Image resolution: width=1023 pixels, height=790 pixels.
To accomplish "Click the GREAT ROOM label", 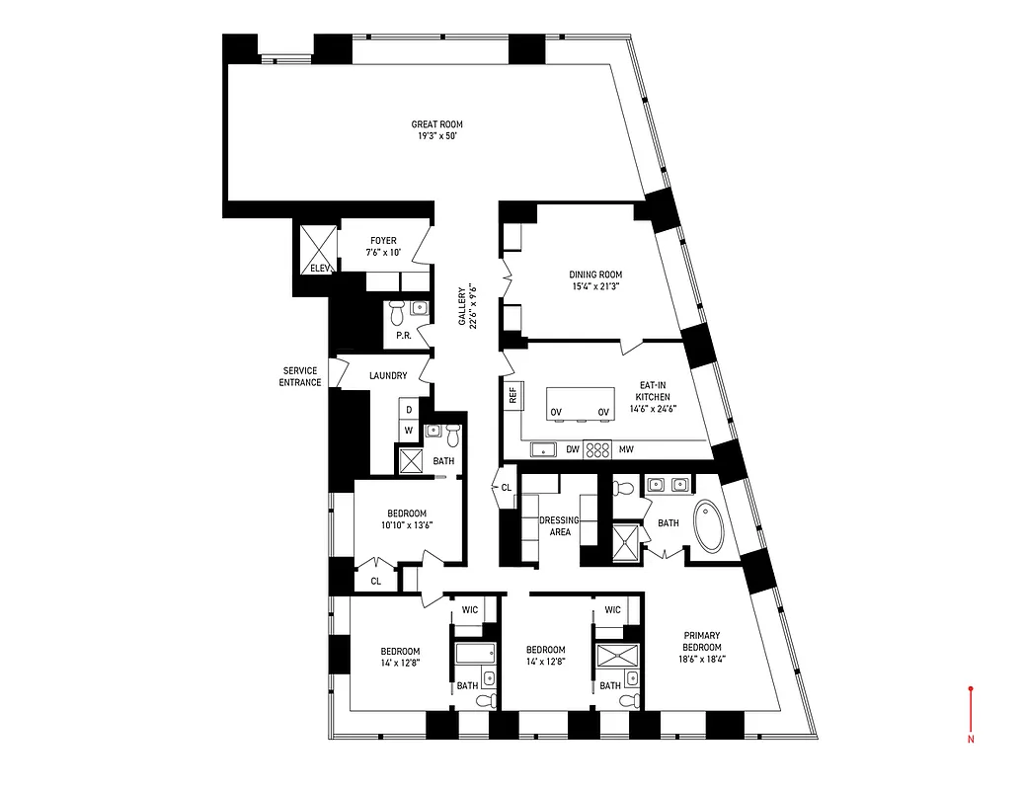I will (436, 124).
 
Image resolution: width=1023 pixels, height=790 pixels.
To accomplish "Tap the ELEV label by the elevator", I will (318, 268).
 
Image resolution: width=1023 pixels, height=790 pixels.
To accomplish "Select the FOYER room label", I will (383, 240).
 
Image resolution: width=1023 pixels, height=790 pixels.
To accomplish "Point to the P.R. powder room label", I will (403, 335).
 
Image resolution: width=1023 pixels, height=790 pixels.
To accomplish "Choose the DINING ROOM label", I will (595, 275).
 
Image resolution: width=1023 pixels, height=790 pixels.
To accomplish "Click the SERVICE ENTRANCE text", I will (301, 376).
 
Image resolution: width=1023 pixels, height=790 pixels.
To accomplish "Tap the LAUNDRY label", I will (388, 375).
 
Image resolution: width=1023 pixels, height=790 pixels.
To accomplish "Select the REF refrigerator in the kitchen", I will (512, 396).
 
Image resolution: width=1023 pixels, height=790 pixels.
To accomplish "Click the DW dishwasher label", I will (572, 450).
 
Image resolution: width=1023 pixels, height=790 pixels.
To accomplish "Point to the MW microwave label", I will (625, 450).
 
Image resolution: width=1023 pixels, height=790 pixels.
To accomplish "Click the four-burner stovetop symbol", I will (597, 449).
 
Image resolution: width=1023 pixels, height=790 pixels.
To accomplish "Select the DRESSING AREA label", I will (559, 525).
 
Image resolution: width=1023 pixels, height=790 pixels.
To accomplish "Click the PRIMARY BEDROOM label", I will (699, 641).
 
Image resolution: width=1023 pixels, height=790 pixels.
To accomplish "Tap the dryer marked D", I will (408, 408).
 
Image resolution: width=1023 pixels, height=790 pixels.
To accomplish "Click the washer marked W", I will (408, 431).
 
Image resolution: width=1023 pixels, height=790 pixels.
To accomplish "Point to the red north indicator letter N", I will (972, 738).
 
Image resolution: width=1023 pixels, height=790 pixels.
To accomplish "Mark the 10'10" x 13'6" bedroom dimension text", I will (406, 524).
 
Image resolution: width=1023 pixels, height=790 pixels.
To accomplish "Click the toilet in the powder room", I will (397, 312).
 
